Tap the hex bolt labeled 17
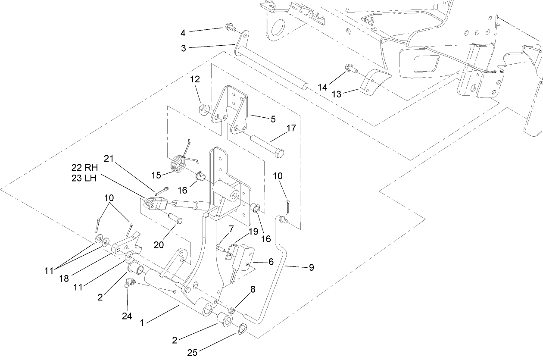267,146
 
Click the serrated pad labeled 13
374,85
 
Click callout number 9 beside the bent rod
311,268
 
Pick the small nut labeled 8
232,310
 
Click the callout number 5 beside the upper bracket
273,119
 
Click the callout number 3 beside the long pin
184,48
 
